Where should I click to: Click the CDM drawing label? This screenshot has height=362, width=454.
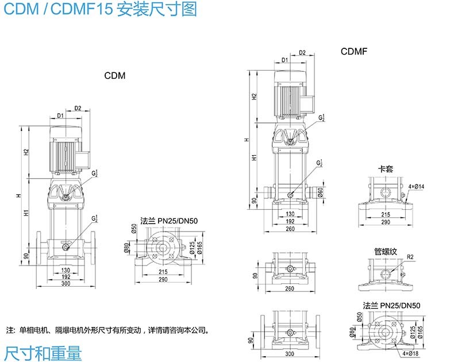coord(114,75)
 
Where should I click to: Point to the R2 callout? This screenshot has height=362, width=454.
coord(410,257)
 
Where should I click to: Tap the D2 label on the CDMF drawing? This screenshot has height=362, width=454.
coord(302,53)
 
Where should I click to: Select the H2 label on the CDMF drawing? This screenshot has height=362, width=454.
coord(254,97)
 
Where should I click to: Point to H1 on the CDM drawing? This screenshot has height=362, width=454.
coord(26,213)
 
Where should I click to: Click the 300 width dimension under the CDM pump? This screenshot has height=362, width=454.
coord(66,284)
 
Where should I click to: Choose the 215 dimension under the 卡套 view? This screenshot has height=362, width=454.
coord(385,214)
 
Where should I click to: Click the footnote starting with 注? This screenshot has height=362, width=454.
coord(106,330)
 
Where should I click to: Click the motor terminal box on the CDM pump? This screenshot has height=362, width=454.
coord(84,160)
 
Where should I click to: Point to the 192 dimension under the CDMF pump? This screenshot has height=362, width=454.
coord(290,221)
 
